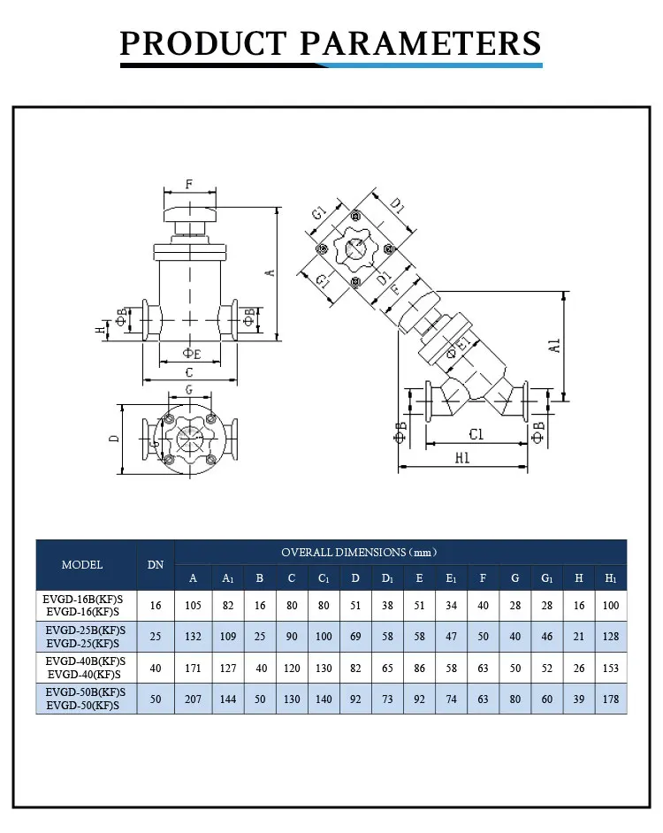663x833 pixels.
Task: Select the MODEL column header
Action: pyautogui.click(x=82, y=564)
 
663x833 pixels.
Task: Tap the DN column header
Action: pyautogui.click(x=156, y=564)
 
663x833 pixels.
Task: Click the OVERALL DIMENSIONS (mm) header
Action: pyautogui.click(x=359, y=552)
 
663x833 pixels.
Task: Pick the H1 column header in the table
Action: pyautogui.click(x=610, y=578)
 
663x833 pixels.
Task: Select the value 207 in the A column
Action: pyautogui.click(x=193, y=699)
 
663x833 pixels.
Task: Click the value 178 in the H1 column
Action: pyautogui.click(x=610, y=699)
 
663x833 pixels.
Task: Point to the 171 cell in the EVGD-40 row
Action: pyautogui.click(x=193, y=669)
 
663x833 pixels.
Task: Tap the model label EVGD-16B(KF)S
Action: pyautogui.click(x=85, y=598)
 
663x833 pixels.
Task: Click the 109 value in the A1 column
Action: pyautogui.click(x=226, y=637)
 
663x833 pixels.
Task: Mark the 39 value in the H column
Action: pyautogui.click(x=578, y=699)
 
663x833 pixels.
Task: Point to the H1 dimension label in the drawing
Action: pyautogui.click(x=461, y=458)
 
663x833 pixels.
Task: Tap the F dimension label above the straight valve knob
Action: pyautogui.click(x=188, y=185)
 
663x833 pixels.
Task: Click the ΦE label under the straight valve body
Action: pyautogui.click(x=191, y=354)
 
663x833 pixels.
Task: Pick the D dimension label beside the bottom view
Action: pyautogui.click(x=114, y=439)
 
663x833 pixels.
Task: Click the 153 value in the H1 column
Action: pyautogui.click(x=610, y=669)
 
